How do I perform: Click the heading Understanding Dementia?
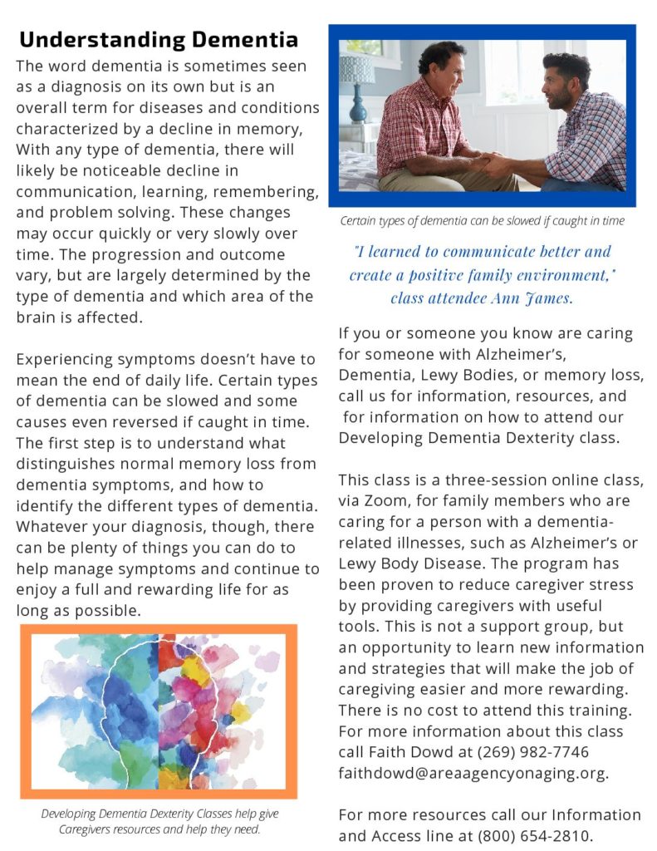[x=159, y=39]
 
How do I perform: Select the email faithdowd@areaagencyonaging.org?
[x=473, y=773]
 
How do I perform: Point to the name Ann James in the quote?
[x=531, y=298]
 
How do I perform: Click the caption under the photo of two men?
[x=482, y=221]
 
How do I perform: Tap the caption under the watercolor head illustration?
[x=159, y=820]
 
